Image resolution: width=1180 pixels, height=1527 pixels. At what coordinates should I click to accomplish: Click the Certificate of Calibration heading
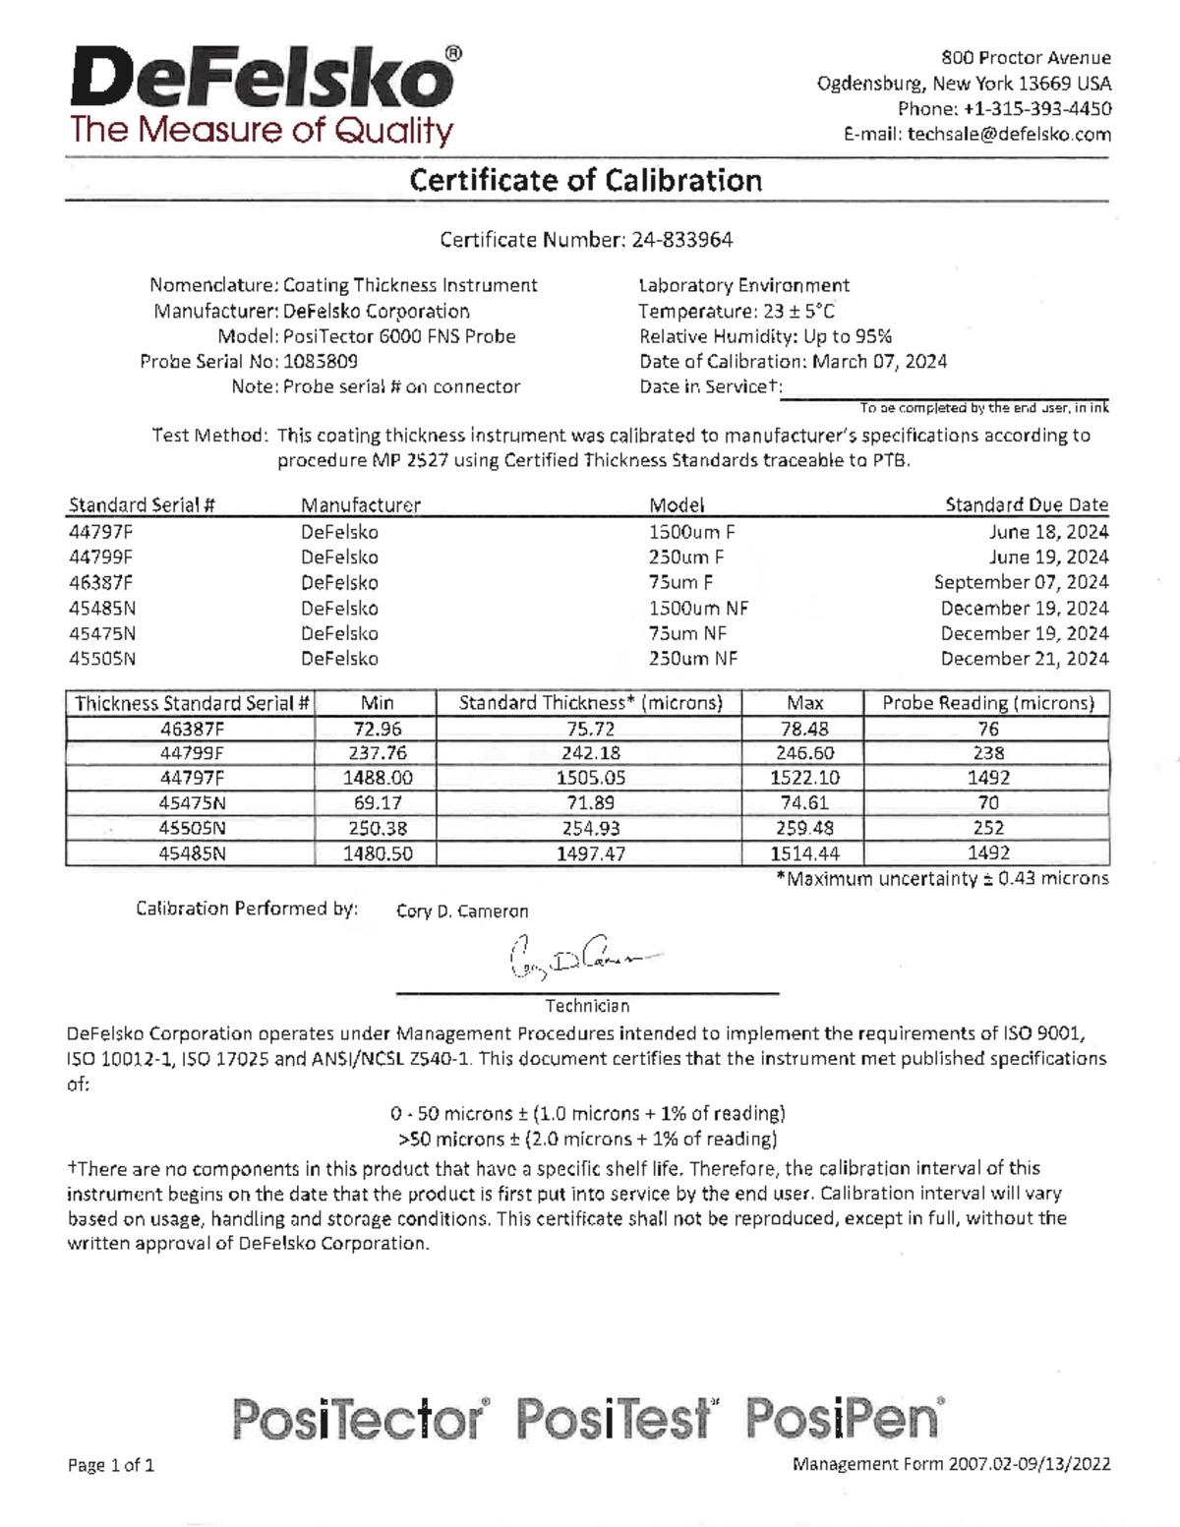coord(586,181)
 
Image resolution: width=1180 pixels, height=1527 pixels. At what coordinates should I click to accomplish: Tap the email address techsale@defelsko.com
coord(1009,135)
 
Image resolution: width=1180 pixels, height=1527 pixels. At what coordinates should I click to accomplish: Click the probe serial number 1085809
coord(321,362)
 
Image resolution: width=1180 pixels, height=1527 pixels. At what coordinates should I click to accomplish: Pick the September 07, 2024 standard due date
coord(1021,583)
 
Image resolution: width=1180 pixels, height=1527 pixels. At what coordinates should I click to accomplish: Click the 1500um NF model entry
coord(698,609)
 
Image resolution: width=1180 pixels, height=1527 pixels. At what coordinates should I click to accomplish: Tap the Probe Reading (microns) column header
coord(987,704)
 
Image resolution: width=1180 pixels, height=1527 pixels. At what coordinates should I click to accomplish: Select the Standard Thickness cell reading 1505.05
coord(590,778)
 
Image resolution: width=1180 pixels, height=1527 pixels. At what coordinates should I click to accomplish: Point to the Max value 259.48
coord(804,829)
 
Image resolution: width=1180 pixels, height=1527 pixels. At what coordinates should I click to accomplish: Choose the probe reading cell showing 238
coord(987,753)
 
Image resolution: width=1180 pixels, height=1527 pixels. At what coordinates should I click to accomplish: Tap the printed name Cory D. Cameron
coord(462,911)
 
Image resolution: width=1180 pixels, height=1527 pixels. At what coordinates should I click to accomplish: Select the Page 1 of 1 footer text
coord(111,1466)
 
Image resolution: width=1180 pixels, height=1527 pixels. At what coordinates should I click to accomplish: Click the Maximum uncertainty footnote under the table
coord(942,879)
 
